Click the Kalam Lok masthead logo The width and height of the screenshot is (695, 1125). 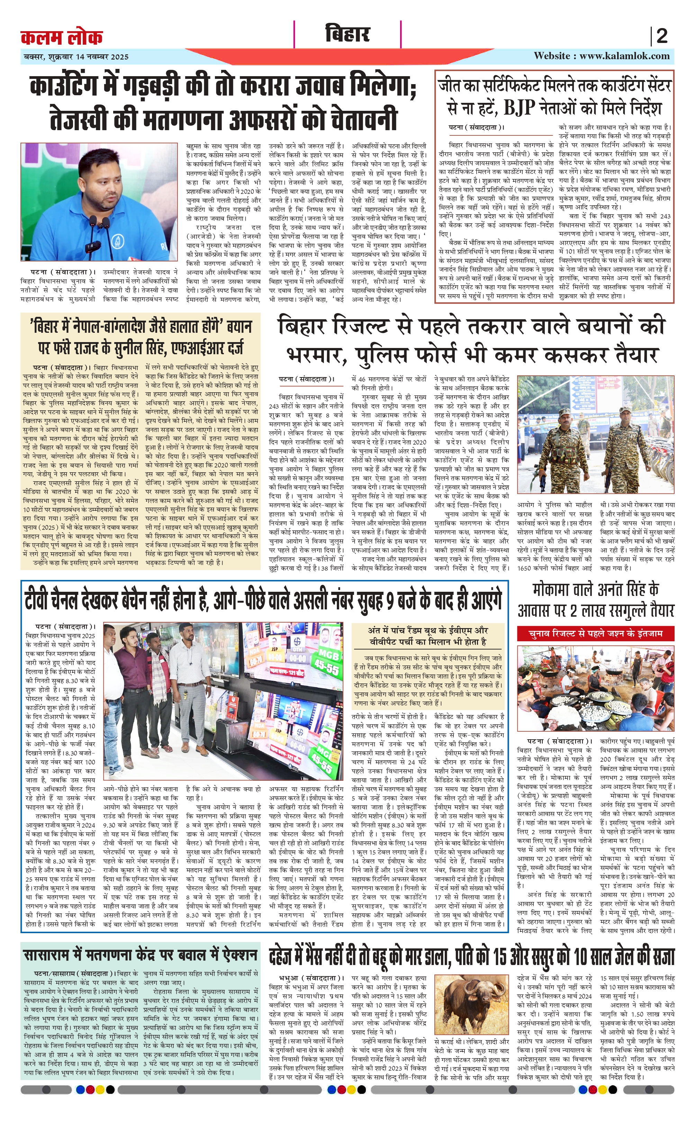click(x=62, y=37)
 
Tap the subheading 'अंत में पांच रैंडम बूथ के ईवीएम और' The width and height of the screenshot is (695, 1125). click(x=427, y=630)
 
